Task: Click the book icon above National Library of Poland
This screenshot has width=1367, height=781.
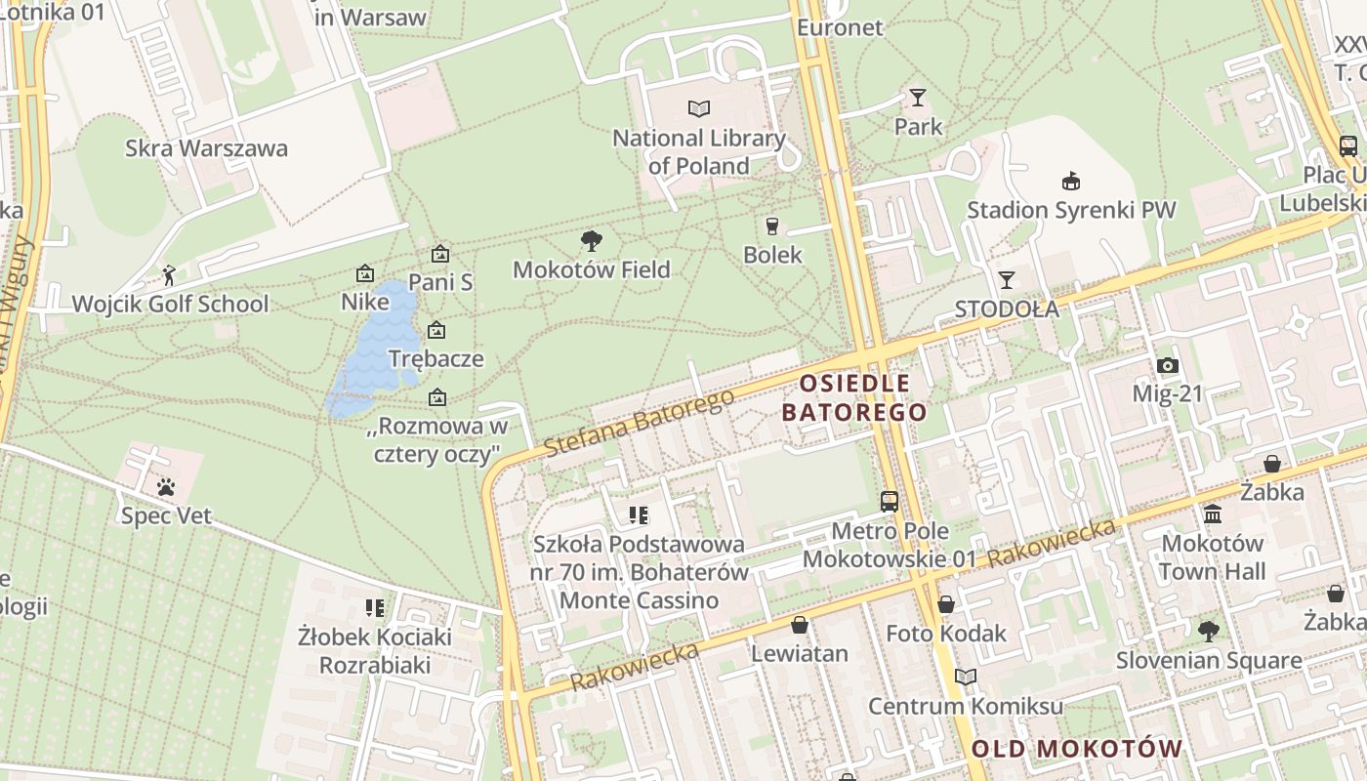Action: click(698, 108)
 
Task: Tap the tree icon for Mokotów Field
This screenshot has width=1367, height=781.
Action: click(591, 240)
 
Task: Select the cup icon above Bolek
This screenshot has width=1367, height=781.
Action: click(772, 226)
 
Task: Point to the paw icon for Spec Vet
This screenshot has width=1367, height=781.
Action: click(166, 486)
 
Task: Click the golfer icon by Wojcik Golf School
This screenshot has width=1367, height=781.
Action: click(169, 275)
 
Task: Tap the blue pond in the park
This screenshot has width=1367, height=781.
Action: click(366, 351)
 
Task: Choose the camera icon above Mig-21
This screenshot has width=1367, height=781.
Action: click(1167, 366)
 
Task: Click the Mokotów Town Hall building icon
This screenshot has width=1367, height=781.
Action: click(1213, 514)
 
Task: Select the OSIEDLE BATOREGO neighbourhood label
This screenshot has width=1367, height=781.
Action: click(854, 397)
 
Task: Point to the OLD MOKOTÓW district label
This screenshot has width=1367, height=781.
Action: click(1077, 749)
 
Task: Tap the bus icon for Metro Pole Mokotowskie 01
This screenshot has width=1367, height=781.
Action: click(890, 502)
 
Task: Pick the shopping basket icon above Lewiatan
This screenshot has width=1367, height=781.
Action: click(800, 625)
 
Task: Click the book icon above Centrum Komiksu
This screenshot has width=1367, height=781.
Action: click(966, 677)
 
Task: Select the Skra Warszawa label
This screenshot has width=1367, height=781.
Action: click(206, 148)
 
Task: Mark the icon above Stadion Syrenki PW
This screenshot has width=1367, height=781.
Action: click(1071, 181)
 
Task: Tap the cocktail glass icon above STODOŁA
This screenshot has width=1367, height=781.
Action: click(1006, 279)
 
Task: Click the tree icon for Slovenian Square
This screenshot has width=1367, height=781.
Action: click(1209, 632)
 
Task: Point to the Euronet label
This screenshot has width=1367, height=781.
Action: click(840, 27)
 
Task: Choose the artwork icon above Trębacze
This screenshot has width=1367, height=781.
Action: click(436, 331)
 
